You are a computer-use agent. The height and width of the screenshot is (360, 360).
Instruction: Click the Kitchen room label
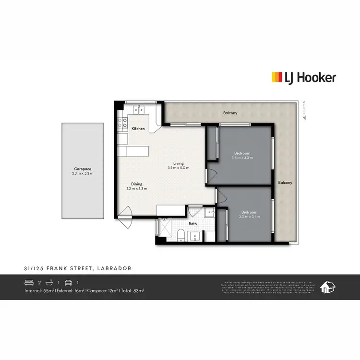click(138, 129)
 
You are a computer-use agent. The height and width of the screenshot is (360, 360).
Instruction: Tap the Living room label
click(179, 163)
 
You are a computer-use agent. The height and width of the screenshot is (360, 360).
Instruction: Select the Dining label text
click(137, 184)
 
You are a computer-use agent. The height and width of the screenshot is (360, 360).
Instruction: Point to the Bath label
click(192, 223)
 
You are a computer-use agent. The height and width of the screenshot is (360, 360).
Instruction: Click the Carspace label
click(83, 169)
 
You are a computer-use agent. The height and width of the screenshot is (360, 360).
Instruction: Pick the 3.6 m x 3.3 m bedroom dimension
click(241, 158)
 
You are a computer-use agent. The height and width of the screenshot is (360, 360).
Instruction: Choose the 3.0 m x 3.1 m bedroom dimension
click(250, 216)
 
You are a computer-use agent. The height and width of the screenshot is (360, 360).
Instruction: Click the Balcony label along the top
click(230, 113)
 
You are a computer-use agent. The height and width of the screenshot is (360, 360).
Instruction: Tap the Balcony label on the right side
click(285, 183)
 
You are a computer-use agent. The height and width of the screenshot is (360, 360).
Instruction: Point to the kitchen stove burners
click(121, 122)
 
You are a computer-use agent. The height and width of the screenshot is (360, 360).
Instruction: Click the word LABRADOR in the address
click(114, 268)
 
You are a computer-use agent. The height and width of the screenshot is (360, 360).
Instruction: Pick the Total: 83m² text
click(132, 291)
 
